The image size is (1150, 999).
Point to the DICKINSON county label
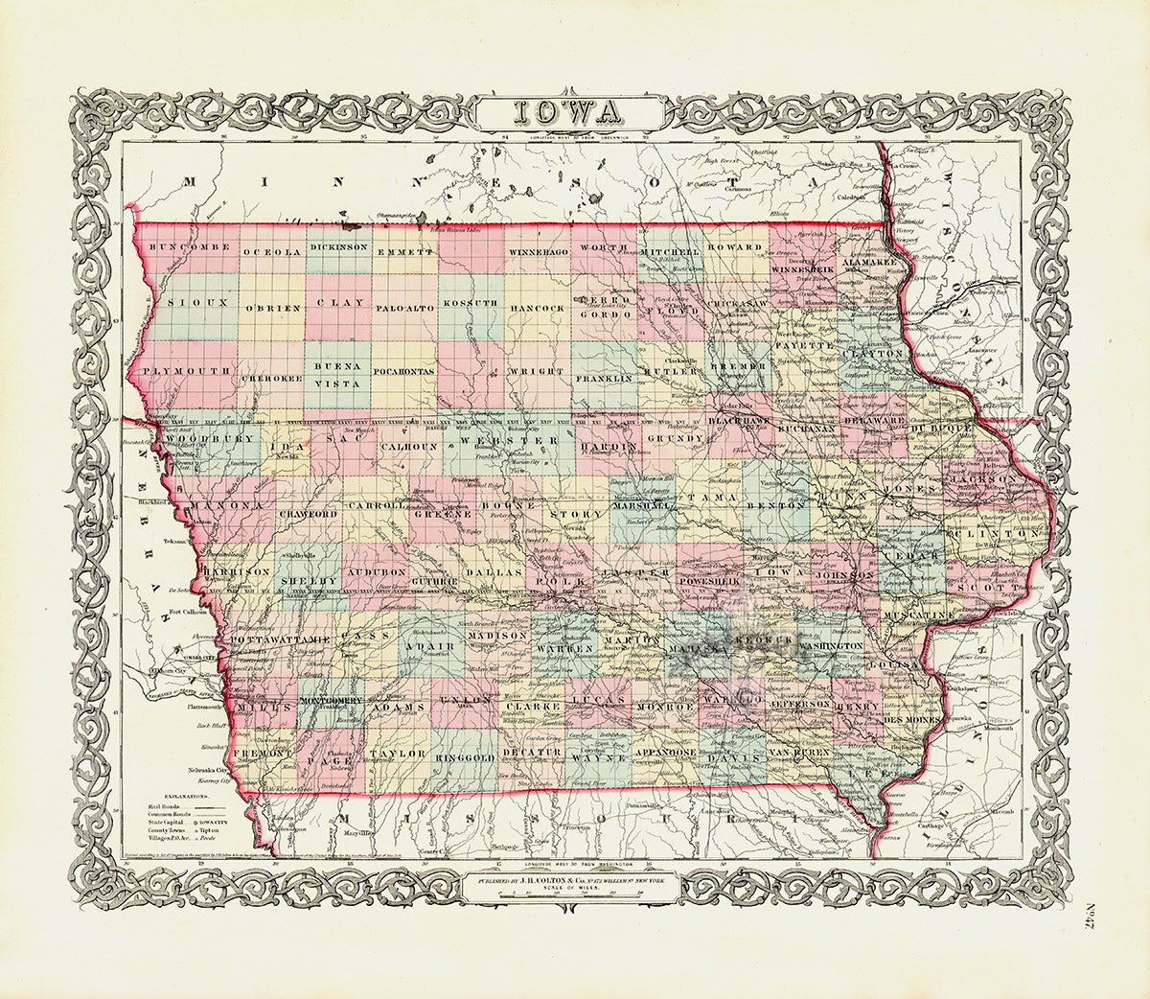point(339,246)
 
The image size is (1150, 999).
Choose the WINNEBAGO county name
point(539,251)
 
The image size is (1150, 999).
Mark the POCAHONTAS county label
point(404,370)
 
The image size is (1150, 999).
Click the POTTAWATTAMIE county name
point(277,638)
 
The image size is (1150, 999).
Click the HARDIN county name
point(608,447)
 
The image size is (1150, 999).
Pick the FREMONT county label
point(261,754)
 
